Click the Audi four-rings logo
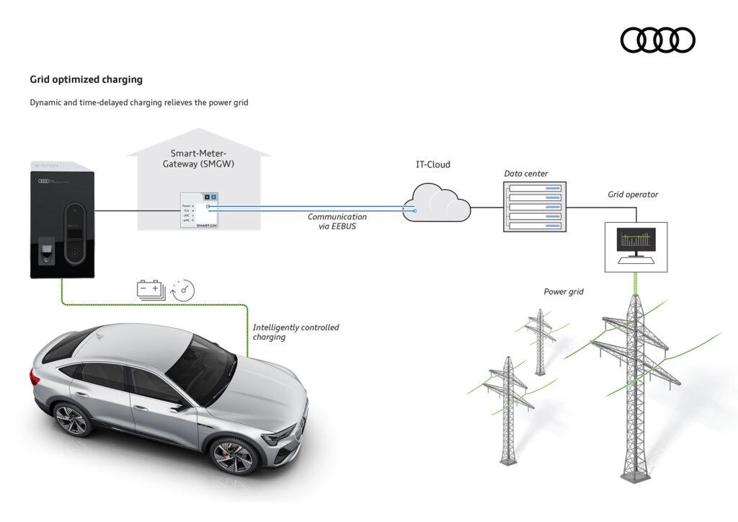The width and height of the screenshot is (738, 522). point(657,40)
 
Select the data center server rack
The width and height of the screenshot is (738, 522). point(534,206)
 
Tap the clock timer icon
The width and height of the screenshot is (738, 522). point(183,290)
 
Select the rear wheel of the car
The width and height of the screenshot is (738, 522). point(71,420)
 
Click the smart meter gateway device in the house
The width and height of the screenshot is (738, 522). point(200,210)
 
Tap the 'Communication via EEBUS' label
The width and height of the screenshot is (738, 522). point(337,221)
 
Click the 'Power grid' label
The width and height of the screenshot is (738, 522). point(564,292)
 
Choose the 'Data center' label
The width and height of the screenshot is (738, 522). point(525,174)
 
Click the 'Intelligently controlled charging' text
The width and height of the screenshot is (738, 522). point(295,332)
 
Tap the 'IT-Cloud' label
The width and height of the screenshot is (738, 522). point(432,164)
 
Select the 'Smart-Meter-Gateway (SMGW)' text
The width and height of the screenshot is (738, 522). point(198,159)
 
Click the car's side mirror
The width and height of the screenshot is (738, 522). point(178,405)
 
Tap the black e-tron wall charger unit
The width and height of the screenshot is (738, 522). point(63,220)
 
